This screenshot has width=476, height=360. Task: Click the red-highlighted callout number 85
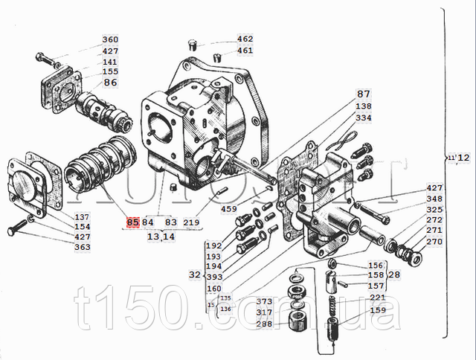(x=133, y=222)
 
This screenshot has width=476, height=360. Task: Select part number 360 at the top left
(x=110, y=40)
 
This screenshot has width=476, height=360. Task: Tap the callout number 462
(x=245, y=39)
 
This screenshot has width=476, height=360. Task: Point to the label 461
(x=245, y=51)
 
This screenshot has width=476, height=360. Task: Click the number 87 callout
(x=363, y=94)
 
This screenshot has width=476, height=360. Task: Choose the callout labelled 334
(x=363, y=118)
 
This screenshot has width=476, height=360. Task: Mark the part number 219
(x=191, y=222)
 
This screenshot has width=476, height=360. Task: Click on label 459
(x=228, y=209)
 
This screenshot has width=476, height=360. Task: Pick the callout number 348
(x=434, y=199)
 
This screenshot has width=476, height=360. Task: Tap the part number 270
(x=434, y=242)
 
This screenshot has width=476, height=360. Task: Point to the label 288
(x=264, y=324)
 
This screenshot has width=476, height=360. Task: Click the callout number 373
(x=264, y=302)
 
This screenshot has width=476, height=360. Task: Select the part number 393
(x=214, y=277)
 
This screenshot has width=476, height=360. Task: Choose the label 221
(x=378, y=298)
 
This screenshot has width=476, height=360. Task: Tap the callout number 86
(x=110, y=83)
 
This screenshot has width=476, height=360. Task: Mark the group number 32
(x=194, y=274)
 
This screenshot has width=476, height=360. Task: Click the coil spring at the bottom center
(x=332, y=327)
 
